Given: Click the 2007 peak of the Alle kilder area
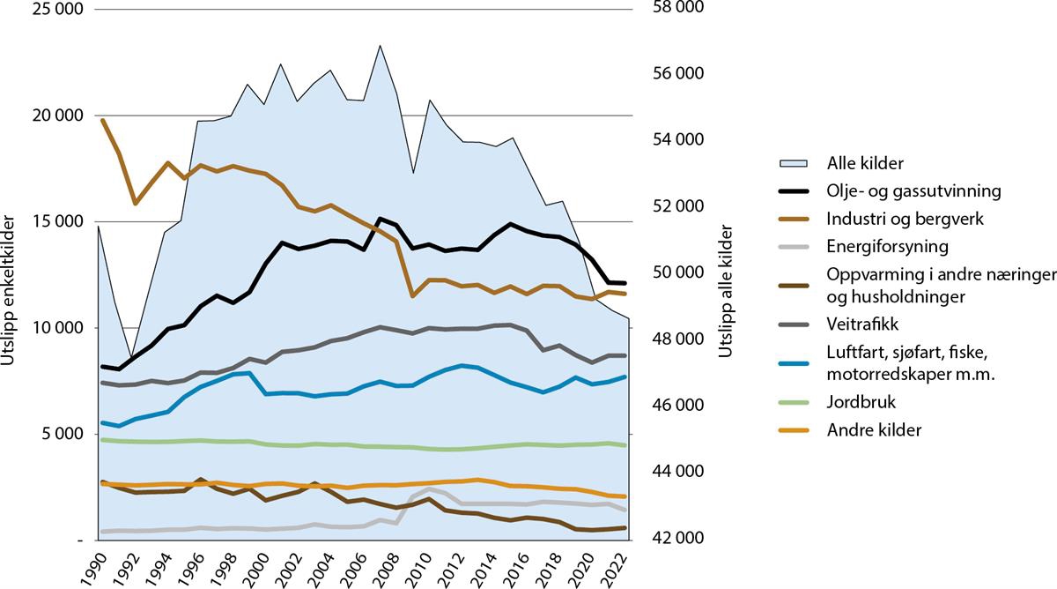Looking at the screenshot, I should coord(380,46).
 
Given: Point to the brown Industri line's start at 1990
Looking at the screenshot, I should coord(102,120).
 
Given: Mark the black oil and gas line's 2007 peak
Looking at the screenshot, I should coord(380,219).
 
